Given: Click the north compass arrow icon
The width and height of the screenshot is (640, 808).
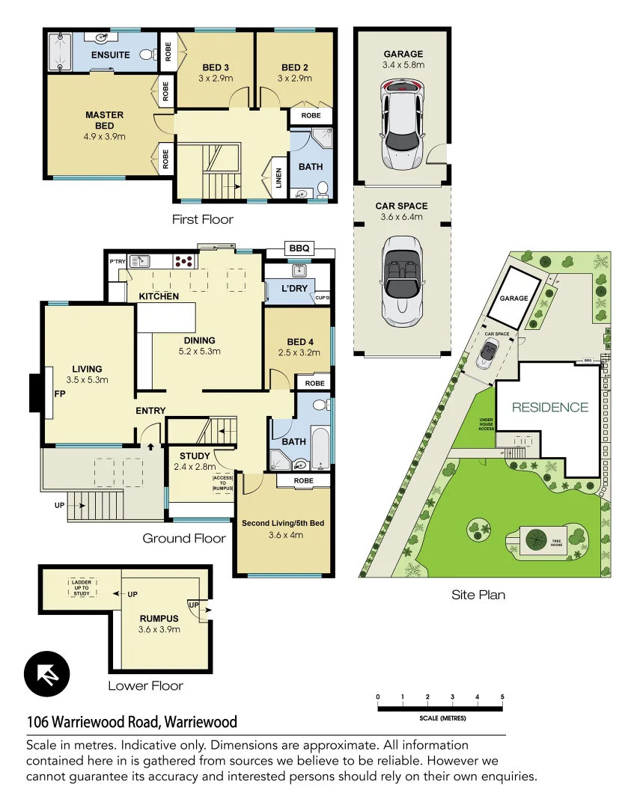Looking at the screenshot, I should (46, 674).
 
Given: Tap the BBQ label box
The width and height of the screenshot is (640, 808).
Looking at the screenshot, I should (299, 248).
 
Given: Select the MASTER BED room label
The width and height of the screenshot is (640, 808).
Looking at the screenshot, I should (104, 120).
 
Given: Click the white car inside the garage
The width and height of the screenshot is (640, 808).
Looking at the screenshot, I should (403, 123).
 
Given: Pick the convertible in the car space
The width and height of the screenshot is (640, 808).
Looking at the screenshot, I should (403, 279).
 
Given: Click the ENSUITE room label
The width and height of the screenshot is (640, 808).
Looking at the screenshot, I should (111, 55).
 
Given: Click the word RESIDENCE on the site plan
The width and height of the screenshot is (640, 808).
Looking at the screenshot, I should (550, 408).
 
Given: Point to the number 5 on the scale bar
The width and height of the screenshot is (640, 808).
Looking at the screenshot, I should (502, 697).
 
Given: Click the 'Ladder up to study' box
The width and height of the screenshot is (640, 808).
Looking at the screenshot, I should (81, 588).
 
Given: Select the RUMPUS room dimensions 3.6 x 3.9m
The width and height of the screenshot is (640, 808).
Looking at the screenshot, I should (159, 629).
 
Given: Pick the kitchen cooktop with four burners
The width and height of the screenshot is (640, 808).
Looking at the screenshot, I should (185, 261).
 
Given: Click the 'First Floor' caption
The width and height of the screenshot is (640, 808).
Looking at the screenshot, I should (202, 219).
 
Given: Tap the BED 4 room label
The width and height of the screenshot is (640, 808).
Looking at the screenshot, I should (297, 342).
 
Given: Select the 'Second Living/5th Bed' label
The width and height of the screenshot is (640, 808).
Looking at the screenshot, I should (282, 522).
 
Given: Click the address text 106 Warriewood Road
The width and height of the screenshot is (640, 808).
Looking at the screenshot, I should (132, 722).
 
